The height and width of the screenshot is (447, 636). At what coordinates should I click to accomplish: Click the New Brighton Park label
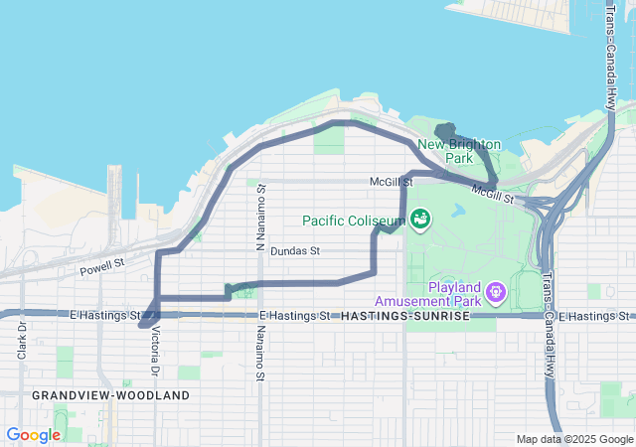[459, 150]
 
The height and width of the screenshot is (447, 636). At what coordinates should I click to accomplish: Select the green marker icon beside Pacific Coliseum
[419, 218]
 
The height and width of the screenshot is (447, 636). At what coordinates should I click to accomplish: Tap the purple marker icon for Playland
[496, 293]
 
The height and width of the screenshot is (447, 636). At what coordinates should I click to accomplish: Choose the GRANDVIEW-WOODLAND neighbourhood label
[110, 394]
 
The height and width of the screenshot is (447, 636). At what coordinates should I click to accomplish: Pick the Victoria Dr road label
[155, 353]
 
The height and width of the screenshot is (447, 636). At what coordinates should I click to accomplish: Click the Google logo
[33, 435]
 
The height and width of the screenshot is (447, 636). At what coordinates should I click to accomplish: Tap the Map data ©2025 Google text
[573, 439]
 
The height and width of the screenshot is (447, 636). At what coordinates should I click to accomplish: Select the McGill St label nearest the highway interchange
[492, 195]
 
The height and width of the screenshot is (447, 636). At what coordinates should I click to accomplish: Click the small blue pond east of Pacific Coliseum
[457, 212]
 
